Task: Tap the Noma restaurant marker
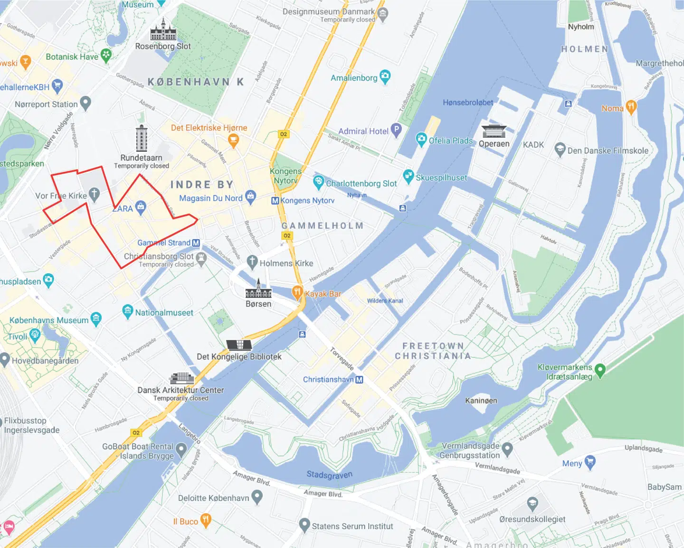(x=631, y=107)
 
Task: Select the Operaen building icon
(x=494, y=131)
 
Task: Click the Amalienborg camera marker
(x=385, y=76)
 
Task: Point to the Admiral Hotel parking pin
(x=396, y=130)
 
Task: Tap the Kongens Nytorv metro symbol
(x=275, y=201)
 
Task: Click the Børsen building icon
(x=258, y=289)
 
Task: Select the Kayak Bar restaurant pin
(x=297, y=292)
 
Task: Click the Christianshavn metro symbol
(x=359, y=380)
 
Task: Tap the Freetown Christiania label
(x=433, y=351)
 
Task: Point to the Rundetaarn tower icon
(x=142, y=138)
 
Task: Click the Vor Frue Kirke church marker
(x=94, y=194)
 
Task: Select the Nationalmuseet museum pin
(x=127, y=311)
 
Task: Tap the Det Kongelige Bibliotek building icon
(x=239, y=345)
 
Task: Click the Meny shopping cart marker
(x=590, y=462)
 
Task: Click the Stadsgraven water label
(x=329, y=474)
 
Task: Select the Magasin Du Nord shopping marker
(x=251, y=196)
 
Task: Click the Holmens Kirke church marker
(x=252, y=261)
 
